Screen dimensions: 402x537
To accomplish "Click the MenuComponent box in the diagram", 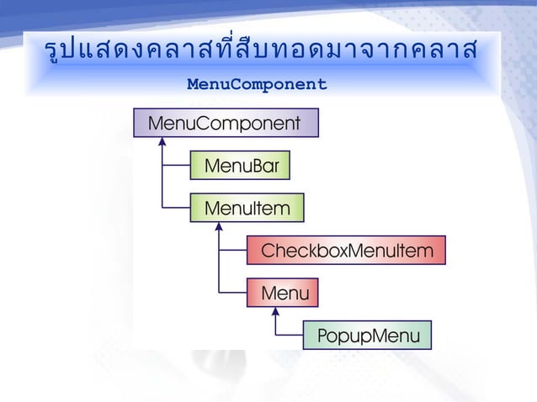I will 226,124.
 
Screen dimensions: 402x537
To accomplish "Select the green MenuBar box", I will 241,166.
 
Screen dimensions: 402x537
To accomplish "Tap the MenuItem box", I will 247,208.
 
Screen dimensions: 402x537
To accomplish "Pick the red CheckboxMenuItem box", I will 346,251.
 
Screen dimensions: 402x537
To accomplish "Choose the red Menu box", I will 283,293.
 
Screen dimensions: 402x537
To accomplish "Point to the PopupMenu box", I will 367,336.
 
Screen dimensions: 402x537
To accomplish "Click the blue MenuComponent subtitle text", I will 257,85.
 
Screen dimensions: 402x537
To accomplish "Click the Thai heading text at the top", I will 260,51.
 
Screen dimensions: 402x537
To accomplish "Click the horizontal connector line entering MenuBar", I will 177,166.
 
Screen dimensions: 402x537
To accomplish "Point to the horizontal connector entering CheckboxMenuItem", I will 232,251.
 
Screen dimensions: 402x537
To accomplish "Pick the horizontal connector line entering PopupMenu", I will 289,336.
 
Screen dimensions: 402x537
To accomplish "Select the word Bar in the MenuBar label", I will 267,166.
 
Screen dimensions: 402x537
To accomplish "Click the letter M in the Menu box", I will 268,294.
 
